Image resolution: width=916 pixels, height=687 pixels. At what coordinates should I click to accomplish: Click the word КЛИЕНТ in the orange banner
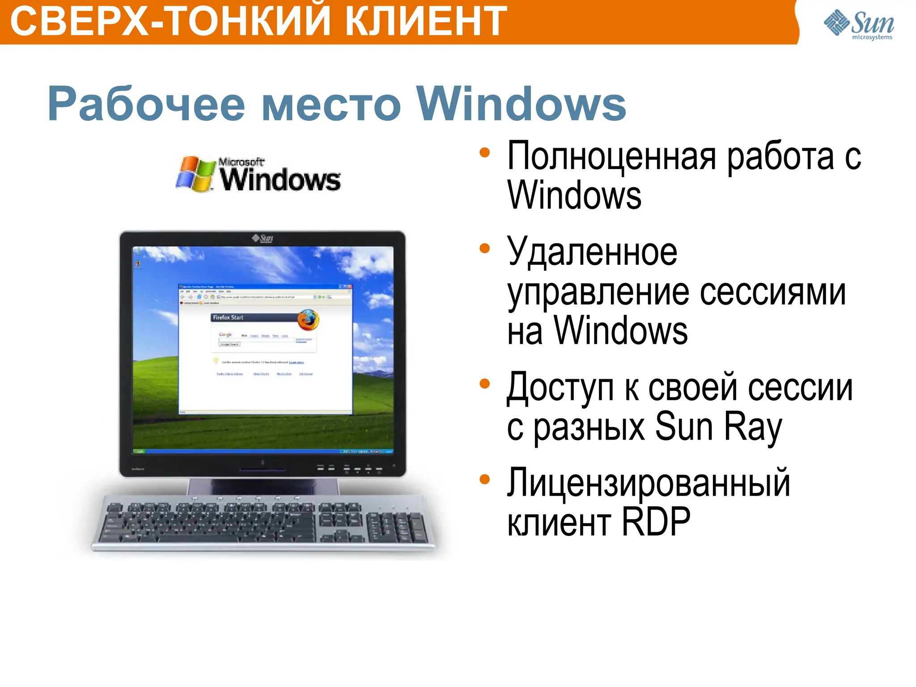click(x=426, y=21)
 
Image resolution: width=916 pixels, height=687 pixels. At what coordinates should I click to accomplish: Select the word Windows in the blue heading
click(x=521, y=104)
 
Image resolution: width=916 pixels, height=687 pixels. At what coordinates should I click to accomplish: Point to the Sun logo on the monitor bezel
click(x=263, y=238)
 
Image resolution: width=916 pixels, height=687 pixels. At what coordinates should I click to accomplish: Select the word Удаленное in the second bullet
click(x=592, y=251)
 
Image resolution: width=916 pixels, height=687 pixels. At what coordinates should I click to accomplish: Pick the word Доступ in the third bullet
click(x=560, y=387)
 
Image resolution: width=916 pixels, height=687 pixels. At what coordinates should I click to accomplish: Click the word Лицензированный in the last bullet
click(x=649, y=483)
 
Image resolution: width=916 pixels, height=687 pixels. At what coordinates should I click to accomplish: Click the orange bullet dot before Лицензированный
click(x=484, y=479)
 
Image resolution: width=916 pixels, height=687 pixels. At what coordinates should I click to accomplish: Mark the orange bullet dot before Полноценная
click(x=484, y=153)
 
